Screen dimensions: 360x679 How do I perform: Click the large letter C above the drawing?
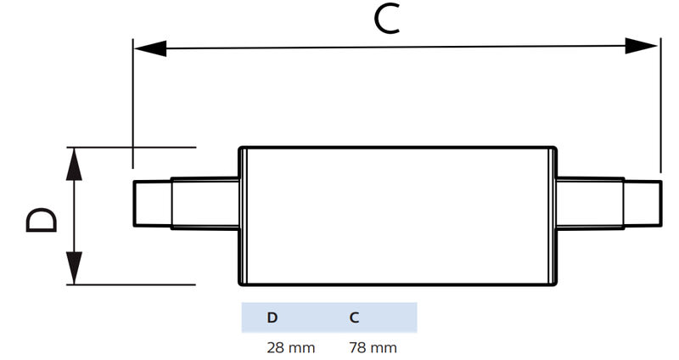[x=387, y=20]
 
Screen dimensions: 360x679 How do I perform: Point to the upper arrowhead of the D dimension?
[x=75, y=161]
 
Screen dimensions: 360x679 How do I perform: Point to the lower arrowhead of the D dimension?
[x=75, y=269]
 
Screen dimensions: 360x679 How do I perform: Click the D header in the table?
[x=272, y=318]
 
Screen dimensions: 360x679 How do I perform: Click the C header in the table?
[x=354, y=318]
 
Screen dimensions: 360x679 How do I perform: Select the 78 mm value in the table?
[x=373, y=347]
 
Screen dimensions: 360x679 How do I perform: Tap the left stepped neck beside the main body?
[x=205, y=204]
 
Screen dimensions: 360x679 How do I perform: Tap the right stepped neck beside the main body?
[x=591, y=204]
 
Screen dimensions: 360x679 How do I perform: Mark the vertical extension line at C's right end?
[x=659, y=110]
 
